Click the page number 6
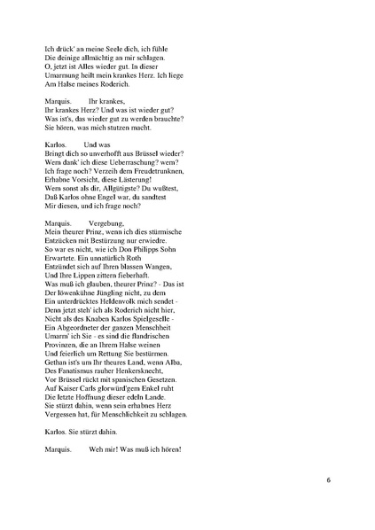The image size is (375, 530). pos(328,480)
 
